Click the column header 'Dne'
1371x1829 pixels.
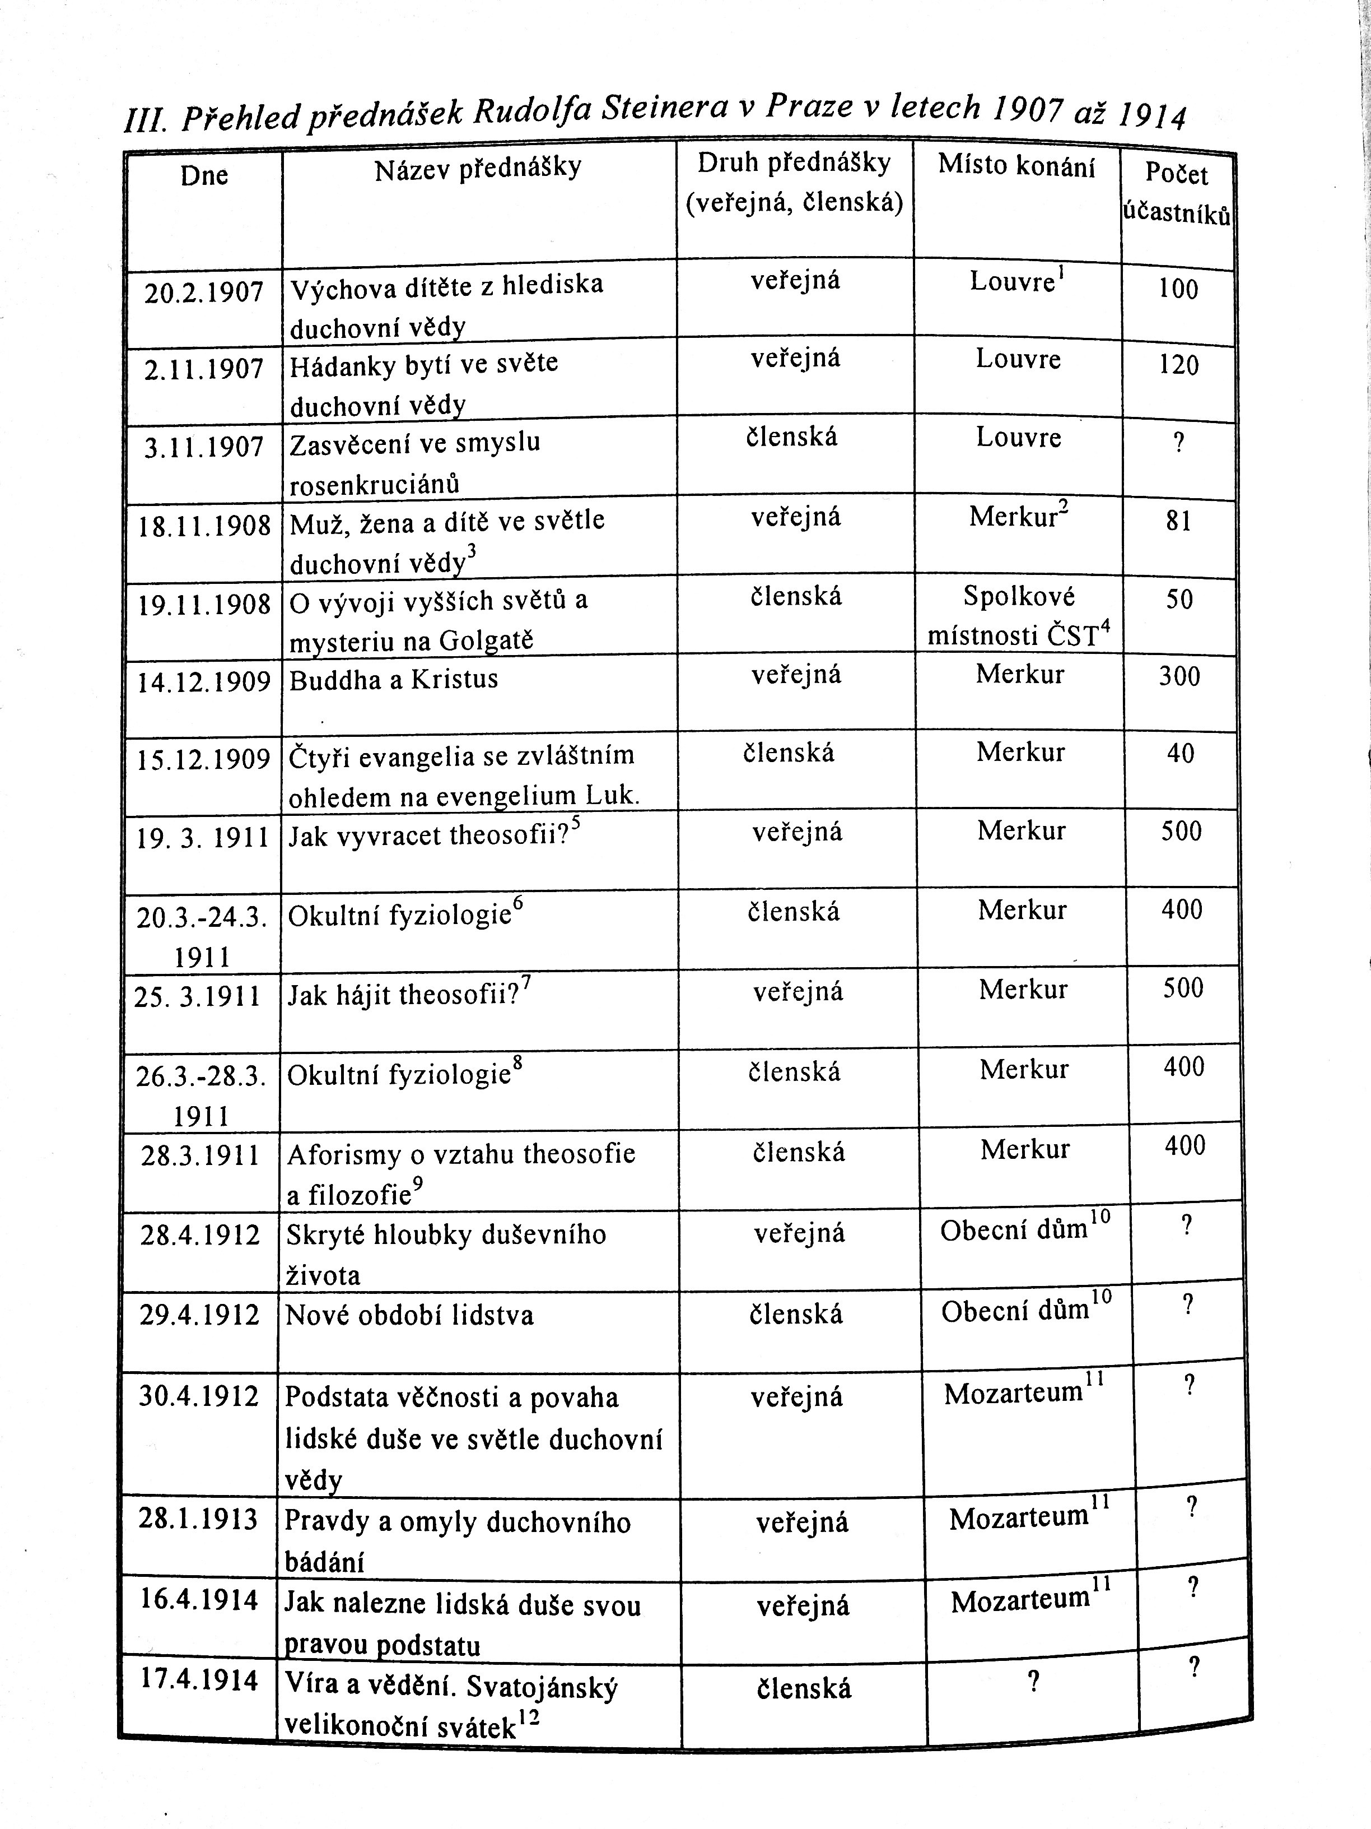pyautogui.click(x=204, y=175)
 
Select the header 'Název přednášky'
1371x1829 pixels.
pyautogui.click(x=478, y=169)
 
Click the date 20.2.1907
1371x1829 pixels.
pyautogui.click(x=203, y=293)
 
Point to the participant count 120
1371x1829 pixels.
pyautogui.click(x=1178, y=365)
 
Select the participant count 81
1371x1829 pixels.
pyautogui.click(x=1178, y=521)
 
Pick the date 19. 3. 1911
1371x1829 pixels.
pyautogui.click(x=203, y=838)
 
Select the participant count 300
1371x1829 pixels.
pyautogui.click(x=1179, y=676)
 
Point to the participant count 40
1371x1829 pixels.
pyautogui.click(x=1180, y=753)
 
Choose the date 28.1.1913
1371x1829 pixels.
pyautogui.click(x=198, y=1519)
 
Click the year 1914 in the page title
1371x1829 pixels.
pyautogui.click(x=1152, y=118)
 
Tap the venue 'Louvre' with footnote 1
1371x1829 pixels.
pyautogui.click(x=1013, y=282)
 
